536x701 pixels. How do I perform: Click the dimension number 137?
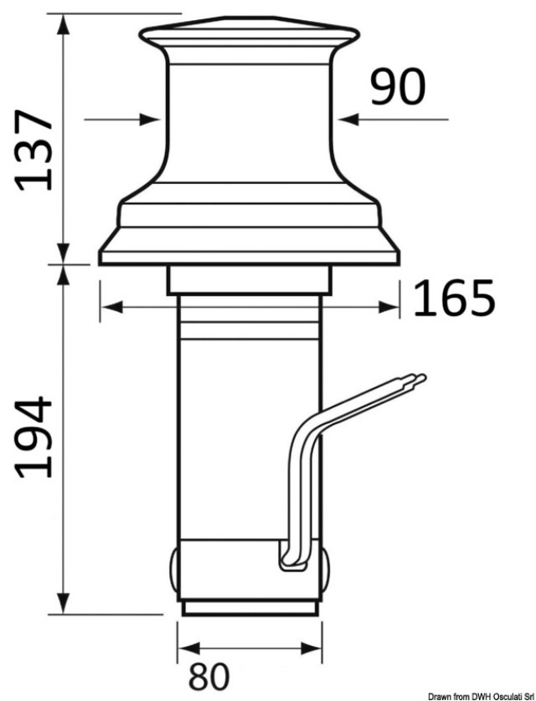click(x=35, y=148)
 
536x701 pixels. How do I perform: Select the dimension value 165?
click(x=453, y=298)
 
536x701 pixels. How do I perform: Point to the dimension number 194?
click(x=35, y=437)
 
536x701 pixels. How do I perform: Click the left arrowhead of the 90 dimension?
click(x=152, y=120)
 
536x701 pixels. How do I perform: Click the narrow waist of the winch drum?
click(x=249, y=117)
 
